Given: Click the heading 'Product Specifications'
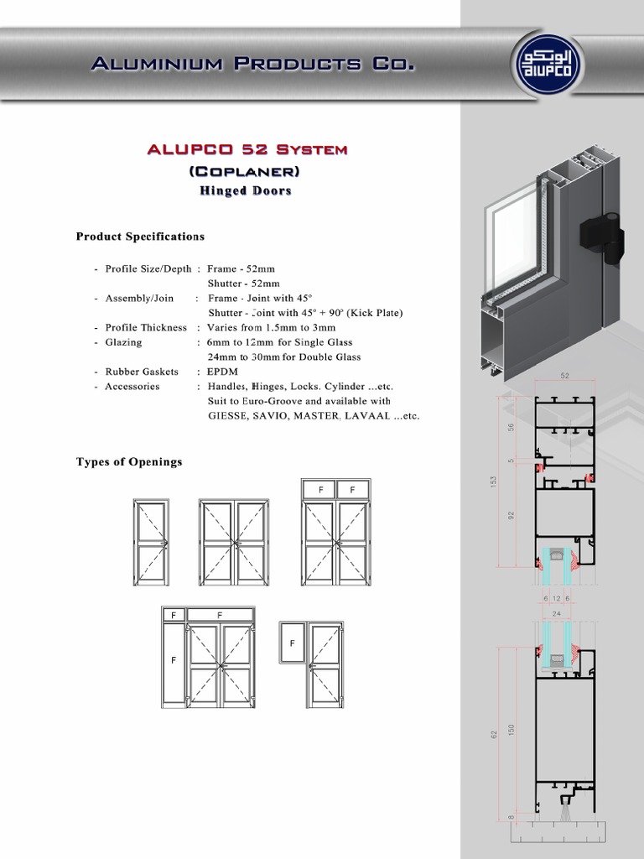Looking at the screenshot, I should click(140, 237).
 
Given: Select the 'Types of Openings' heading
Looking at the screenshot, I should click(129, 461).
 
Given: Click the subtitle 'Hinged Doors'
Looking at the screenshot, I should click(245, 190).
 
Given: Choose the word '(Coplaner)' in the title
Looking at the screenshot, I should click(245, 171).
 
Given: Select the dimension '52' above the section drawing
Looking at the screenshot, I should click(564, 376).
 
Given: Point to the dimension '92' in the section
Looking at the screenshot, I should click(512, 515).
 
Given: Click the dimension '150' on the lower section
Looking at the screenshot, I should click(512, 730).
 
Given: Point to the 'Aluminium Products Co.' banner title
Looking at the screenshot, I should click(251, 64).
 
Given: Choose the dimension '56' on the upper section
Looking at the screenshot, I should click(512, 427).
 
